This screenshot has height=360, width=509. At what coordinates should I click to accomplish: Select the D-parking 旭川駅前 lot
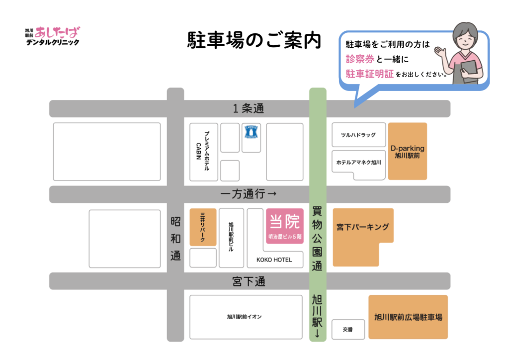(407, 151)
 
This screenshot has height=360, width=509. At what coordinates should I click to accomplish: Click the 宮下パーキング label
(362, 227)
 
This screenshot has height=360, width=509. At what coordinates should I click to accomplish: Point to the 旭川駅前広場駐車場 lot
(408, 317)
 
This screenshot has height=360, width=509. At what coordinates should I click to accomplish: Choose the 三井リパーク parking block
(203, 227)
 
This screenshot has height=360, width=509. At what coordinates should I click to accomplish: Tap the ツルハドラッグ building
(358, 135)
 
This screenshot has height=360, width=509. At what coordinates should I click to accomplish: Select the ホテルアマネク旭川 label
(358, 163)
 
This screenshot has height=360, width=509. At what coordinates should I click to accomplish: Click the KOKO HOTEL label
(274, 260)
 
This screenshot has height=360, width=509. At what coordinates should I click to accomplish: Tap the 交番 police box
(348, 329)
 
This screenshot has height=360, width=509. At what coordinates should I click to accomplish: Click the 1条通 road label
(248, 108)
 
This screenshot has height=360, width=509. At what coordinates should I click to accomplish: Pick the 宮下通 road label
(249, 281)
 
